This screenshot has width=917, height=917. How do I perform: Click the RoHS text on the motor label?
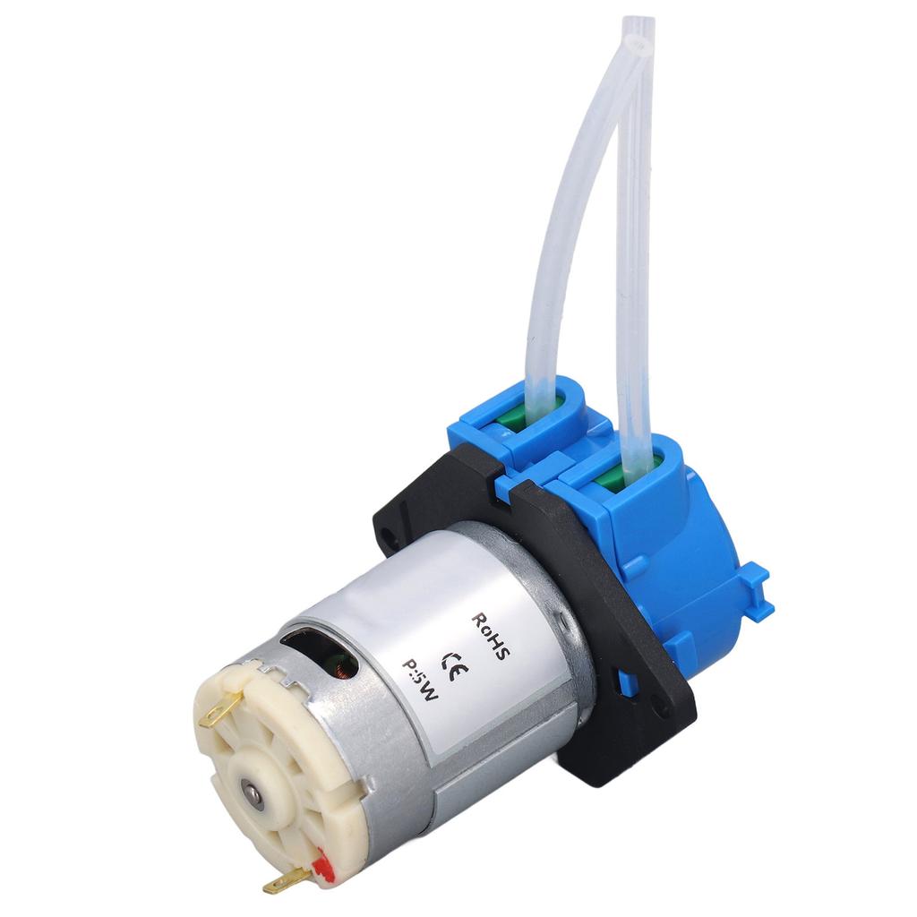(x=491, y=638)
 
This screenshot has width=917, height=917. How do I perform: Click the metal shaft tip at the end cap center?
(x=253, y=793)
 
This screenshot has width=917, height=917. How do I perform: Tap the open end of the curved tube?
(x=637, y=40)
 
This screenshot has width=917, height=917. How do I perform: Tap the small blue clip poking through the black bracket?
(x=627, y=683)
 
